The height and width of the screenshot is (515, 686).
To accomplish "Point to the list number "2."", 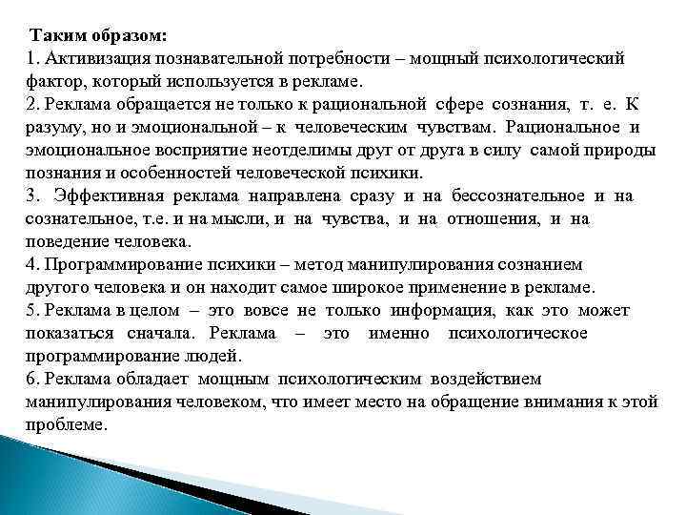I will tap(34, 104).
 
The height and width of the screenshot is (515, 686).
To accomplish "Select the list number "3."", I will tap(34, 196).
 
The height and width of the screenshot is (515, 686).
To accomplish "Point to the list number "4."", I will tap(34, 264).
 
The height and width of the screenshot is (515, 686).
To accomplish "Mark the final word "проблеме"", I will tap(64, 424).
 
